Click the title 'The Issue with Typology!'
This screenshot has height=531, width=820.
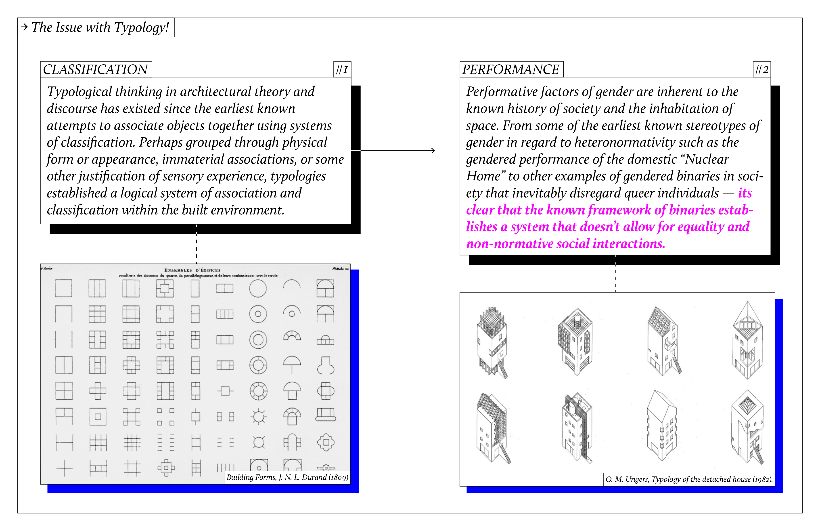pos(100,27)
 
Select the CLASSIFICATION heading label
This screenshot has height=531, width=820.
pos(95,70)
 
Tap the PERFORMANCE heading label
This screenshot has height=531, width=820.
pos(511,70)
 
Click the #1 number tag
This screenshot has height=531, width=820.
pos(342,70)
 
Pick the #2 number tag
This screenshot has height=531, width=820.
pos(761,70)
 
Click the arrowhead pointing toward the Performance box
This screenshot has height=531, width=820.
pos(433,151)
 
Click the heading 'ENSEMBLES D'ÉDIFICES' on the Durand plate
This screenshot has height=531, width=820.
pos(192,270)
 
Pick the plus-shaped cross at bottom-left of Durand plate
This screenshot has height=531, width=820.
pos(64,468)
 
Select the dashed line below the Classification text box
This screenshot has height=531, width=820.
pos(196,244)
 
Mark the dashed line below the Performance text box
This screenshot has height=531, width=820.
pos(616,274)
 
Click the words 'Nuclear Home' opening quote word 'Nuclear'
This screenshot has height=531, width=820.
pos(706,159)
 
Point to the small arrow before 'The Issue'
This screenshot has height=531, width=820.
pos(24,27)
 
